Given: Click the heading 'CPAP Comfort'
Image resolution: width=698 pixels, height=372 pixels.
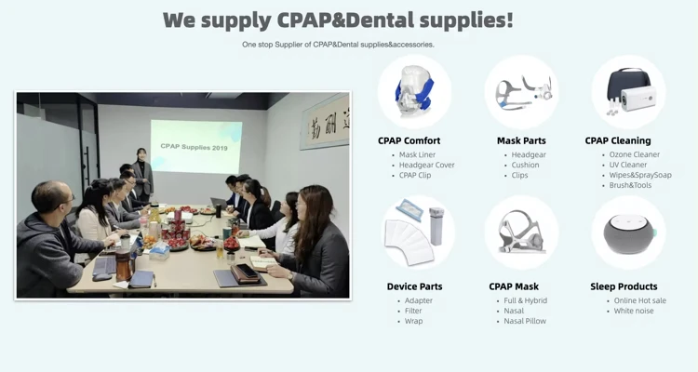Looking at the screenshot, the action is [x=409, y=140].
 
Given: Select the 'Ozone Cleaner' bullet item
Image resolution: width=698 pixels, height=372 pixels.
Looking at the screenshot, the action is [x=635, y=154].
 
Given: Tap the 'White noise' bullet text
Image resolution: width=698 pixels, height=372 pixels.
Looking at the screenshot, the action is [x=634, y=311].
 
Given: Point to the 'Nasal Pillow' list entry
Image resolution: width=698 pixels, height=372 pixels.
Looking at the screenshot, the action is [x=525, y=321].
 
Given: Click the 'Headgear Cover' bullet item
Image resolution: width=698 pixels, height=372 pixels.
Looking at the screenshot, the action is [x=426, y=165].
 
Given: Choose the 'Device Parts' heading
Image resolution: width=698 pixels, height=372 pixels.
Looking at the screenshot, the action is [x=414, y=286].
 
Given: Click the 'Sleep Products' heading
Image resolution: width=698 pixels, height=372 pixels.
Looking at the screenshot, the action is [x=624, y=286].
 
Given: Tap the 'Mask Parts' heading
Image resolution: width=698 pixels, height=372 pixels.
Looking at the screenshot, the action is [x=521, y=140].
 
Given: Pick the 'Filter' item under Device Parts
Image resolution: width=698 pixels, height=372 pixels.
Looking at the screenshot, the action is [x=413, y=311].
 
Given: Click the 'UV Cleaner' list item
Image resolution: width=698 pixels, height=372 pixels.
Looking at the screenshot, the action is [x=627, y=165].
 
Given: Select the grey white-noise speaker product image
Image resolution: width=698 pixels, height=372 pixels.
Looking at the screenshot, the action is [x=629, y=233].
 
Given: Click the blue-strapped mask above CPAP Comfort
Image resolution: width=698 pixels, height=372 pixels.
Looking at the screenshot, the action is [x=414, y=90].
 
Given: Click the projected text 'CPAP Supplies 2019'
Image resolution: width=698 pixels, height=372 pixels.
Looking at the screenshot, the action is [x=194, y=146].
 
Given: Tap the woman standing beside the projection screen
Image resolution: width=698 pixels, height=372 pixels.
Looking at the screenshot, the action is [x=142, y=174].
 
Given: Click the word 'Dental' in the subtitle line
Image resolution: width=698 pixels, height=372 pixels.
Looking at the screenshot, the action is [x=348, y=45].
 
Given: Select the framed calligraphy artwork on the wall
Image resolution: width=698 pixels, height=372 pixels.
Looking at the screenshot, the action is [x=325, y=121].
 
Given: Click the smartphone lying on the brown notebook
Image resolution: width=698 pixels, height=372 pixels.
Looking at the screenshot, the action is [x=247, y=270].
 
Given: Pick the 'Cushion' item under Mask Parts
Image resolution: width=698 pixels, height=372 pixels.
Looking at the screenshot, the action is [x=525, y=165].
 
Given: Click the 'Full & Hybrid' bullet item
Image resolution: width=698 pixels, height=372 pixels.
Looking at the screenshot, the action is [x=525, y=300].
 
